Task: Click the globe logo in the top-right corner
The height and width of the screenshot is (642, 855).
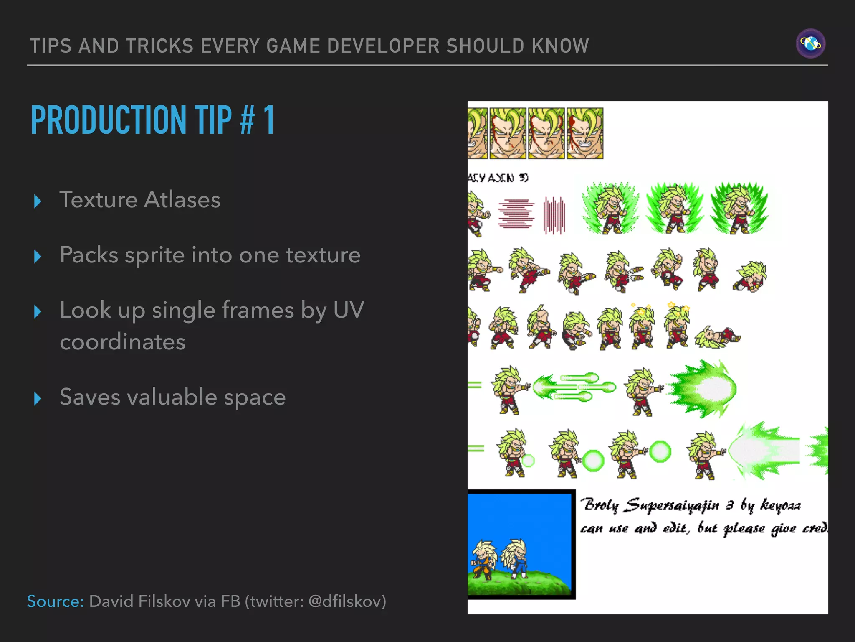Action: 810,43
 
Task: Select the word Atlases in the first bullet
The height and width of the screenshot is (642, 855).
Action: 182,200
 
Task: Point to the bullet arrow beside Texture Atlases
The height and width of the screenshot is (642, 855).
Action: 38,201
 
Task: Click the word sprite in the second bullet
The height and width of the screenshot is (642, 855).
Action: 154,255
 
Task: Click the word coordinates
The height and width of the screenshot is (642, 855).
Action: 122,342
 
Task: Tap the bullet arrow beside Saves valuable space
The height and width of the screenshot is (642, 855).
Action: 38,399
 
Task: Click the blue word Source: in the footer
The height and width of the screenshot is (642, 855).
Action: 56,601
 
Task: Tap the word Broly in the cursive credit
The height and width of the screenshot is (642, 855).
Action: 601,505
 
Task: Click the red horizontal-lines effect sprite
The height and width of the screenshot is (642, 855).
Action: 516,213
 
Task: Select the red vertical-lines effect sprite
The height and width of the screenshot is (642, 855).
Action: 554,215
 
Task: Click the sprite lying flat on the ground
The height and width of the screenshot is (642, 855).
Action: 717,337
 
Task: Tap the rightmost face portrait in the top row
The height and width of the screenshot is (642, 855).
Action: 584,133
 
